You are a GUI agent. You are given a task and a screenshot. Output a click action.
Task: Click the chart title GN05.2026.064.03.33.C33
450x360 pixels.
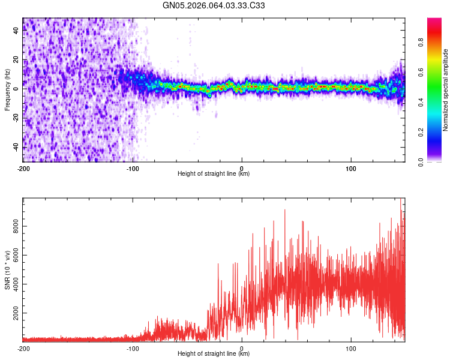pos(214,5)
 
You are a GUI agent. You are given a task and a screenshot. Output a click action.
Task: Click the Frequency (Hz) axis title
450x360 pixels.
pos(7,90)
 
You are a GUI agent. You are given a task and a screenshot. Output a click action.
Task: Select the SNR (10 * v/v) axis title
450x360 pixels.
pos(7,269)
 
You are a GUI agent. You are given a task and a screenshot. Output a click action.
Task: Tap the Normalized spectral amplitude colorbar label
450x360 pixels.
pos(445,90)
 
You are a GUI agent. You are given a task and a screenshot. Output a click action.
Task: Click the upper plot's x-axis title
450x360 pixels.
pos(214,174)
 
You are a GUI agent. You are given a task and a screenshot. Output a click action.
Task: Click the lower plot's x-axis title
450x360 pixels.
pos(214,354)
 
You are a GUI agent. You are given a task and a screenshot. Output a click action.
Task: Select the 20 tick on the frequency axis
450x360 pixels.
pos(16,59)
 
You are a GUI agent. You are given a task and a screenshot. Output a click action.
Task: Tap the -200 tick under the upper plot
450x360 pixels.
pos(23,168)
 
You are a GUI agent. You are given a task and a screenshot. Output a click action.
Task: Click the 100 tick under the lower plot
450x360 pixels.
pos(351,348)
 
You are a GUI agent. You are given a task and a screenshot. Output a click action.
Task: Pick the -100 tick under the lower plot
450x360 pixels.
pos(133,348)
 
